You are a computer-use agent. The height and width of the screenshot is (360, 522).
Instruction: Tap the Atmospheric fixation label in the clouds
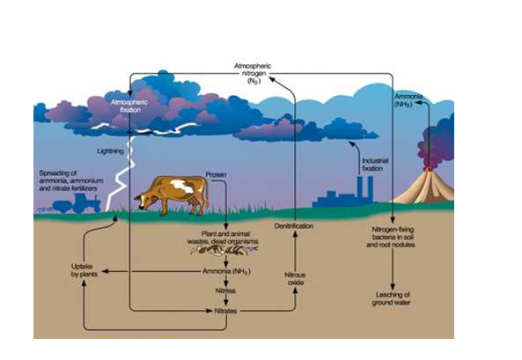point(131,106)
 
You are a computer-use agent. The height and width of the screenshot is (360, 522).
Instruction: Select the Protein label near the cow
point(217,174)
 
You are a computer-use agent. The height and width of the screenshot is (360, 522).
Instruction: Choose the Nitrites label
point(226,290)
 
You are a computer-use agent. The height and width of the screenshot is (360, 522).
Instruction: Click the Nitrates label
point(227,311)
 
